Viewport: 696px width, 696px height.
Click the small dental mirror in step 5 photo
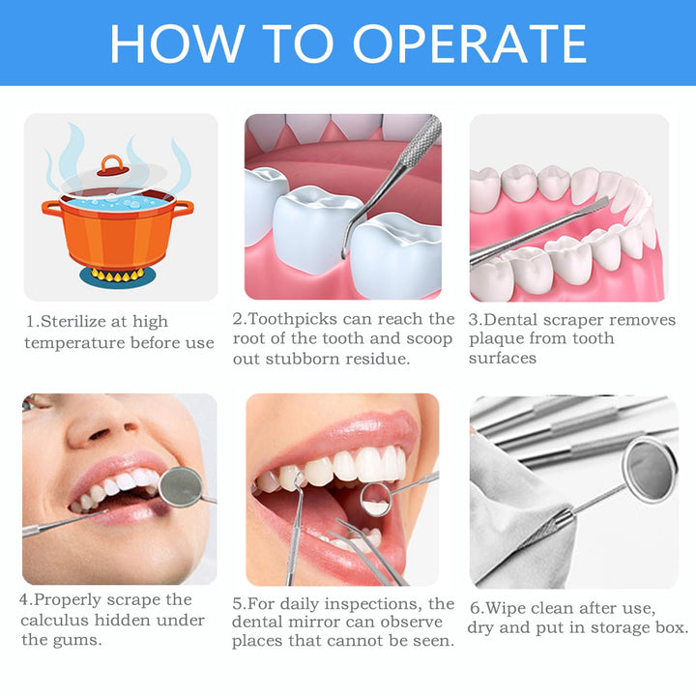coord(375,498)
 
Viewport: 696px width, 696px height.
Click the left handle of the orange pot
coord(48,208)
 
